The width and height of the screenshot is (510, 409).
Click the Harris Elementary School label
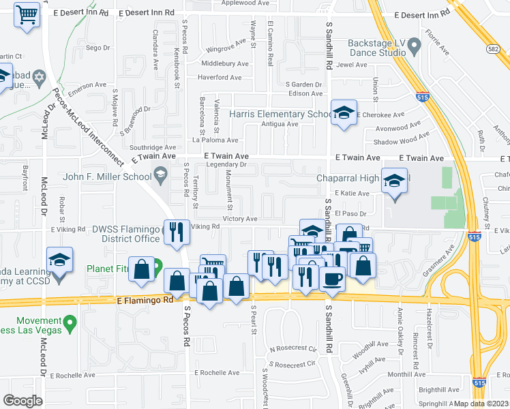pyautogui.click(x=281, y=115)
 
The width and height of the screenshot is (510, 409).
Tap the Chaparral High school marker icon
pyautogui.click(x=394, y=181)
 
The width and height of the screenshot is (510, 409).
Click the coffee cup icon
pyautogui.click(x=332, y=278)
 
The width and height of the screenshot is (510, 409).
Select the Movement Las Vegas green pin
pyautogui.click(x=69, y=327)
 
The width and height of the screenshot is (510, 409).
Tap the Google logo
pyautogui.click(x=22, y=401)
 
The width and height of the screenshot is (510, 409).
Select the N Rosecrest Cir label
pyautogui.click(x=294, y=349)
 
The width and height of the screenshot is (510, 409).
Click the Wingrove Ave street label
pyautogui.click(x=226, y=48)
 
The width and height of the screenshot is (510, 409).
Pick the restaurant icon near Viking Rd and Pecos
pyautogui.click(x=176, y=232)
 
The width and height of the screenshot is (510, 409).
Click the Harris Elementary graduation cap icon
pyautogui.click(x=344, y=112)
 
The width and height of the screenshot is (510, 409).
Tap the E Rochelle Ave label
pyautogui.click(x=217, y=373)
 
